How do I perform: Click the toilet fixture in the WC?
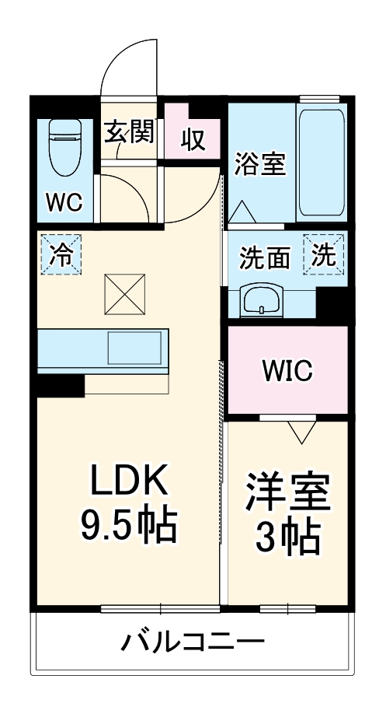coord(64,147)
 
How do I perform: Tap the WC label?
coord(65,201)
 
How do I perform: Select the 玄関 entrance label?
coord(130,132)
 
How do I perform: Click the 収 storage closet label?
coord(193,140)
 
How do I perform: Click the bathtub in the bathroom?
coord(322,163)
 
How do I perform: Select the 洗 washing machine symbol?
coord(324,254)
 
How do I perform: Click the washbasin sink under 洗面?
coord(262,302)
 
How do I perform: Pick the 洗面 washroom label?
coord(265,259)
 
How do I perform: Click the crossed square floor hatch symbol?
coord(125,294)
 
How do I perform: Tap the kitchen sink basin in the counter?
coord(134,348)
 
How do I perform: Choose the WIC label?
coord(287,370)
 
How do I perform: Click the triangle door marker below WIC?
coord(302,432)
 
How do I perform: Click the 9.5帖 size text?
coord(129,526)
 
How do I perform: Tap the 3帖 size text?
coord(287,540)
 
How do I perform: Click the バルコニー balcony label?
coord(193,642)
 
